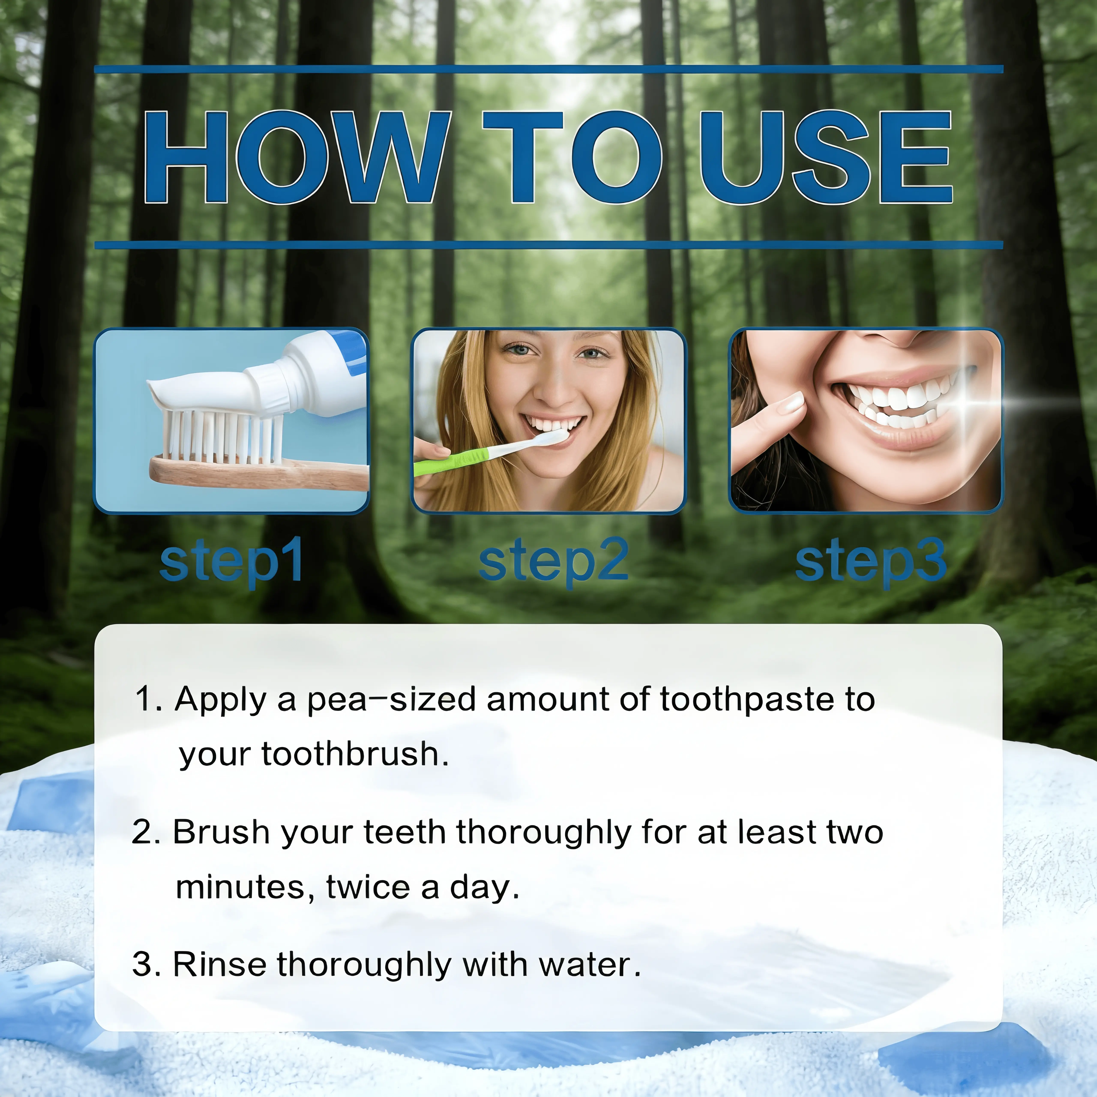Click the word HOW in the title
pyautogui.click(x=295, y=157)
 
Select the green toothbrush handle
pyautogui.click(x=449, y=460)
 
